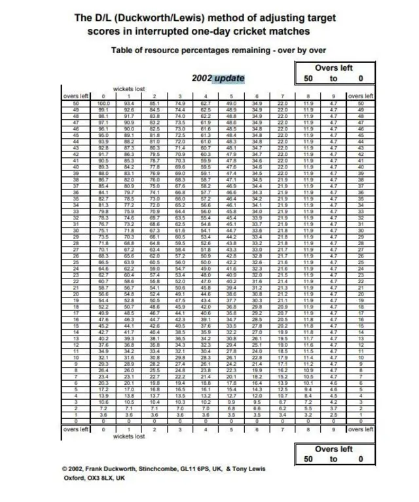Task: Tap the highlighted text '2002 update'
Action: [218, 79]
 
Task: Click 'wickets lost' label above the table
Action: [129, 88]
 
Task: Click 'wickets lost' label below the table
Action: [129, 435]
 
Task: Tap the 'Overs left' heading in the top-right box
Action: [334, 68]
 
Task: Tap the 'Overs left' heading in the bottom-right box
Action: [334, 449]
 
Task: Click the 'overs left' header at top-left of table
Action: [75, 96]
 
